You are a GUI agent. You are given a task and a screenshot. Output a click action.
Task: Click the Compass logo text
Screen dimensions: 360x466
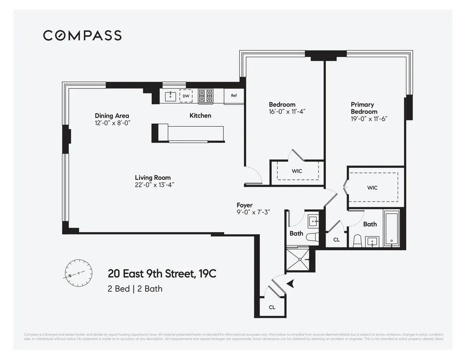pyautogui.click(x=82, y=35)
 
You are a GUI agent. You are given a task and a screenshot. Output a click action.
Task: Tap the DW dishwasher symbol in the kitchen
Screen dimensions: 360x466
pyautogui.click(x=186, y=96)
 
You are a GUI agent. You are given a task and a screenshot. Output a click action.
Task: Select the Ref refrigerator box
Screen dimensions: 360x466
pyautogui.click(x=234, y=96)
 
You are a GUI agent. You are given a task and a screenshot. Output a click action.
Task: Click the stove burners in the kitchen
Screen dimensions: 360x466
pyautogui.click(x=206, y=96)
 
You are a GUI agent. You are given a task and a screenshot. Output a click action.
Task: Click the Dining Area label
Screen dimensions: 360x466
pyautogui.click(x=112, y=116)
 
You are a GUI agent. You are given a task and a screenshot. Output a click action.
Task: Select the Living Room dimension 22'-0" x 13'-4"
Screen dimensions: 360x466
pyautogui.click(x=153, y=185)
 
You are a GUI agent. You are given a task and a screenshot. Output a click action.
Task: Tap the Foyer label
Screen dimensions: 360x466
pyautogui.click(x=245, y=205)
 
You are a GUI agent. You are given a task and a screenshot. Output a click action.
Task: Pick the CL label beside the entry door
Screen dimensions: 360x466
pyautogui.click(x=272, y=307)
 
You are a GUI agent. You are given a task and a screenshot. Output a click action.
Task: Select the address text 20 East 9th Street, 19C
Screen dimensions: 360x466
pyautogui.click(x=162, y=274)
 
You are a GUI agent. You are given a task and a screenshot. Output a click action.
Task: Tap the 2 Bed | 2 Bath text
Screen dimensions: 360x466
pyautogui.click(x=135, y=289)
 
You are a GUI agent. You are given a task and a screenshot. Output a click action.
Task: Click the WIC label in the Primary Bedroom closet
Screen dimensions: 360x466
pyautogui.click(x=372, y=188)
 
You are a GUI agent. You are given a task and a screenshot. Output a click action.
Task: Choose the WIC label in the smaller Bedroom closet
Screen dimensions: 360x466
pyautogui.click(x=297, y=171)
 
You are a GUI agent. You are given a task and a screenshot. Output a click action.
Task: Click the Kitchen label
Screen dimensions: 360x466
pyautogui.click(x=200, y=115)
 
